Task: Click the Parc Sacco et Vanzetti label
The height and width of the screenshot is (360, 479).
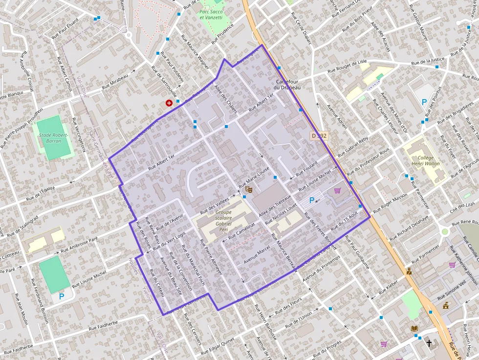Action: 211,14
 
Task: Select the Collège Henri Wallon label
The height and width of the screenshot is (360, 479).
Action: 425,161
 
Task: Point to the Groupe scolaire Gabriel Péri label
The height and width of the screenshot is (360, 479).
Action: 223,219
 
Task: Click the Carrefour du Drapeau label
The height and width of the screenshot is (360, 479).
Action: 288,84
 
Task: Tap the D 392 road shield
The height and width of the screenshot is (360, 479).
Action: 318,135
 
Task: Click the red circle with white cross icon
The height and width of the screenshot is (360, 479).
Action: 169,103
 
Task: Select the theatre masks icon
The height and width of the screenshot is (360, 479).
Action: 248,189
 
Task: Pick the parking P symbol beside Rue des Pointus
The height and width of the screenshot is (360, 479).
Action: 424,103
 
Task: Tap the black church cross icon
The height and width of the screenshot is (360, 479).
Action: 429,343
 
